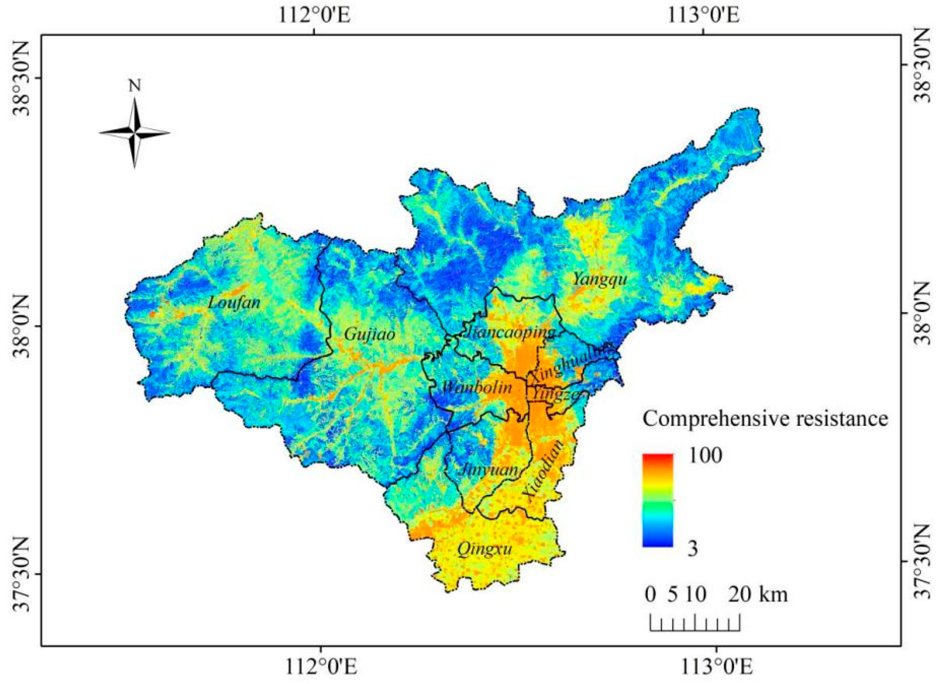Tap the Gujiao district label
click(370, 334)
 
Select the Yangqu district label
click(600, 280)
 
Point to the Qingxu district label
click(484, 550)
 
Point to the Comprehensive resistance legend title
click(765, 419)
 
